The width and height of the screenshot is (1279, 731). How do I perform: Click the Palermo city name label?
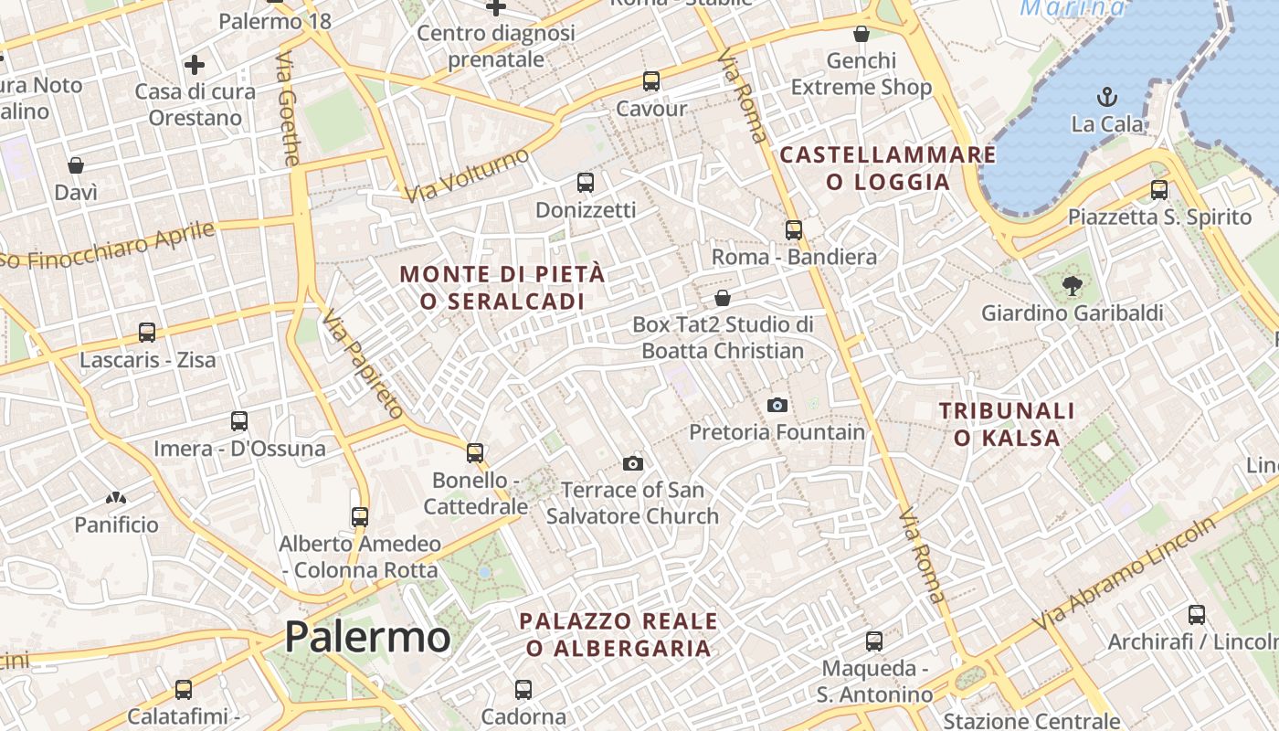point(367,637)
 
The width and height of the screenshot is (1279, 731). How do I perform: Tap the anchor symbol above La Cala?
point(1107,97)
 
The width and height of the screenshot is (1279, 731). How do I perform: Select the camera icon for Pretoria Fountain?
point(777,405)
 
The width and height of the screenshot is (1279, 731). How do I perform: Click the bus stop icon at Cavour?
point(651,80)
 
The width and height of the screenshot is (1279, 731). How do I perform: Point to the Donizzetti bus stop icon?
point(586,183)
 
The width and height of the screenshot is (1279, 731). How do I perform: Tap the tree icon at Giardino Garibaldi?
point(1073,286)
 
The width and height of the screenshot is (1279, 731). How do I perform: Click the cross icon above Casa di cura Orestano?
point(195,65)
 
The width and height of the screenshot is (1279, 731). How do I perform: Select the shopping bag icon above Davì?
point(76,165)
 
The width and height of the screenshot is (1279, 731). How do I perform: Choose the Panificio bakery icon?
point(116,498)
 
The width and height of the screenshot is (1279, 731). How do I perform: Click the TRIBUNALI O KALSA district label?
point(1007,424)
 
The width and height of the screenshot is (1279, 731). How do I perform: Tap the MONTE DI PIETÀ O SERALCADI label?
point(502,287)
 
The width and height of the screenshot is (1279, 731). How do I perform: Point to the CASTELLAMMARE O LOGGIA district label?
point(888,168)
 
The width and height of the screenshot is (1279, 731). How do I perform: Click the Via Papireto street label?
point(363,364)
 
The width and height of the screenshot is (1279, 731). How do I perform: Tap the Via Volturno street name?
point(467,175)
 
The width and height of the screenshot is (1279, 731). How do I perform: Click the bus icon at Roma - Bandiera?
point(794,230)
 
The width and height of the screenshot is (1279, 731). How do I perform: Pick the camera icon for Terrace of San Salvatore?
point(633,464)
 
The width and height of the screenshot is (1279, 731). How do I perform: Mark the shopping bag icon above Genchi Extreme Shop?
point(861,35)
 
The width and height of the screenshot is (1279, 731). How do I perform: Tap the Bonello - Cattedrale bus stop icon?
point(475,452)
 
